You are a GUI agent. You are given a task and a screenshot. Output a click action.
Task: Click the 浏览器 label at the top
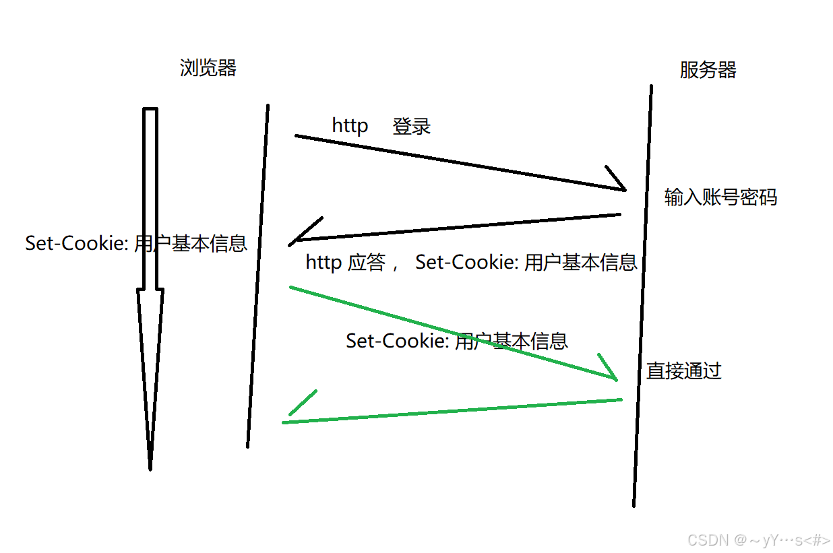208,68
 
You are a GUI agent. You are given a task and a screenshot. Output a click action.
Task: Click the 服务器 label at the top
708,70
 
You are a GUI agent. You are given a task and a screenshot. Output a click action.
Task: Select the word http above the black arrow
350,126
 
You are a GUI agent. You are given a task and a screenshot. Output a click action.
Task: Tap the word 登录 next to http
412,127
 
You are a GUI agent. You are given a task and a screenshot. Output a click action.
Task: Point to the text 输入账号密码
720,197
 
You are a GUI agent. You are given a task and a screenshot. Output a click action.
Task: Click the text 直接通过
684,370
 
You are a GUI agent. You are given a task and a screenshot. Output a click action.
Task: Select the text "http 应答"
345,263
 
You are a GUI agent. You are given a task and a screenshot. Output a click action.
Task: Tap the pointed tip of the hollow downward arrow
150,467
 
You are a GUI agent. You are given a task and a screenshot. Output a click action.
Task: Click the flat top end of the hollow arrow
150,109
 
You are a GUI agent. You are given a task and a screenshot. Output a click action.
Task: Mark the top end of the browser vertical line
268,106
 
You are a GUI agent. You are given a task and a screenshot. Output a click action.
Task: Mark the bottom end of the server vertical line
634,505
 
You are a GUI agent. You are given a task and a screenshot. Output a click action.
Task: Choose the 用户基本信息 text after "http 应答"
580,263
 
